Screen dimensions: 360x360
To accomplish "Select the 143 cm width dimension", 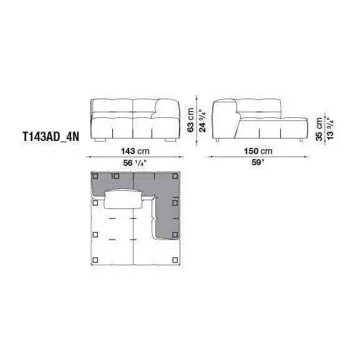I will (135, 151).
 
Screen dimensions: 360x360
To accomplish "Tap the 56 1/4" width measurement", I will (135, 163).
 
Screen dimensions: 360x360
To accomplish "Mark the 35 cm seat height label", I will (319, 130).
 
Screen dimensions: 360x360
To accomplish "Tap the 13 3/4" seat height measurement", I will (329, 130).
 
